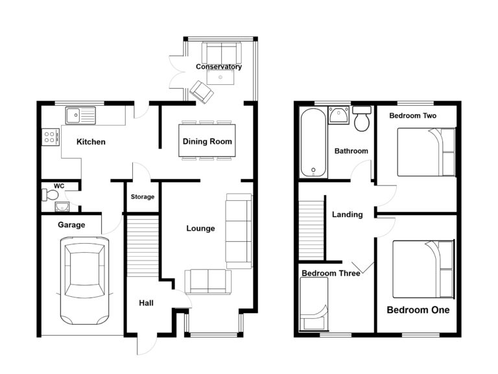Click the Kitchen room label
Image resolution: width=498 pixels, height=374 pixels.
91,141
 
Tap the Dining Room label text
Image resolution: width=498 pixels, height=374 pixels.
207,141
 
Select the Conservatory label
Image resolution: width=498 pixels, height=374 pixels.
219,67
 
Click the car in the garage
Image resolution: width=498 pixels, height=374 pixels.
84,281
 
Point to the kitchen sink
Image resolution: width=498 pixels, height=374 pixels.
80,115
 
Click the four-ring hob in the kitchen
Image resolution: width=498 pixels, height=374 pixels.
51,137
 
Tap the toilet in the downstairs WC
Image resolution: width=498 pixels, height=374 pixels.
49,194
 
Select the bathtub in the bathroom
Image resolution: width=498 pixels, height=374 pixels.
313,143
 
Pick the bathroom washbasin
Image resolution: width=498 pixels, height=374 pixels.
339,115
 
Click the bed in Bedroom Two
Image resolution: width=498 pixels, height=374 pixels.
427,152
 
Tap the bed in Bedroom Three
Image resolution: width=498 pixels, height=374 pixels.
314,304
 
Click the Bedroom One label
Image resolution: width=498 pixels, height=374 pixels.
418,310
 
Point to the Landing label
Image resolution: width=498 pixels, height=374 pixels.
347,215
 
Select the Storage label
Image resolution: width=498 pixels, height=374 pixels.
143,197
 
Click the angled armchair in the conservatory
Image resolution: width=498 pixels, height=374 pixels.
202,92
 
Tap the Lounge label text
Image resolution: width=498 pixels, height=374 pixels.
200,228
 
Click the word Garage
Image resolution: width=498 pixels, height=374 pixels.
71,225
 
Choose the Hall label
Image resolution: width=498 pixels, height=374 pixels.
146,303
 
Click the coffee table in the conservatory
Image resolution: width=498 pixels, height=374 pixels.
220,77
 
